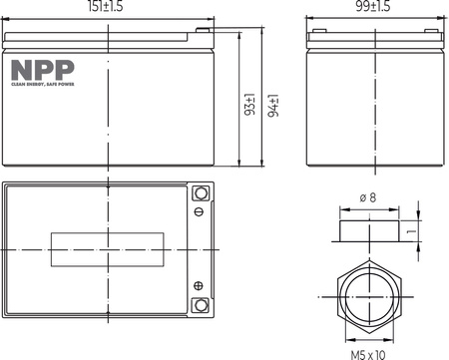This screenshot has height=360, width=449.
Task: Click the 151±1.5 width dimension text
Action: coord(107,8)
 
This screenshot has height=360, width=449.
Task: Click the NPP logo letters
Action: coord(33,70)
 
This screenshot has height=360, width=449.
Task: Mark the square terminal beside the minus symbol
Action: coord(199,192)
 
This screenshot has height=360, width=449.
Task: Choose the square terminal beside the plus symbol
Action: coord(199,305)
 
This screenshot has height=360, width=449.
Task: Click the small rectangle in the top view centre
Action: coord(107,249)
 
